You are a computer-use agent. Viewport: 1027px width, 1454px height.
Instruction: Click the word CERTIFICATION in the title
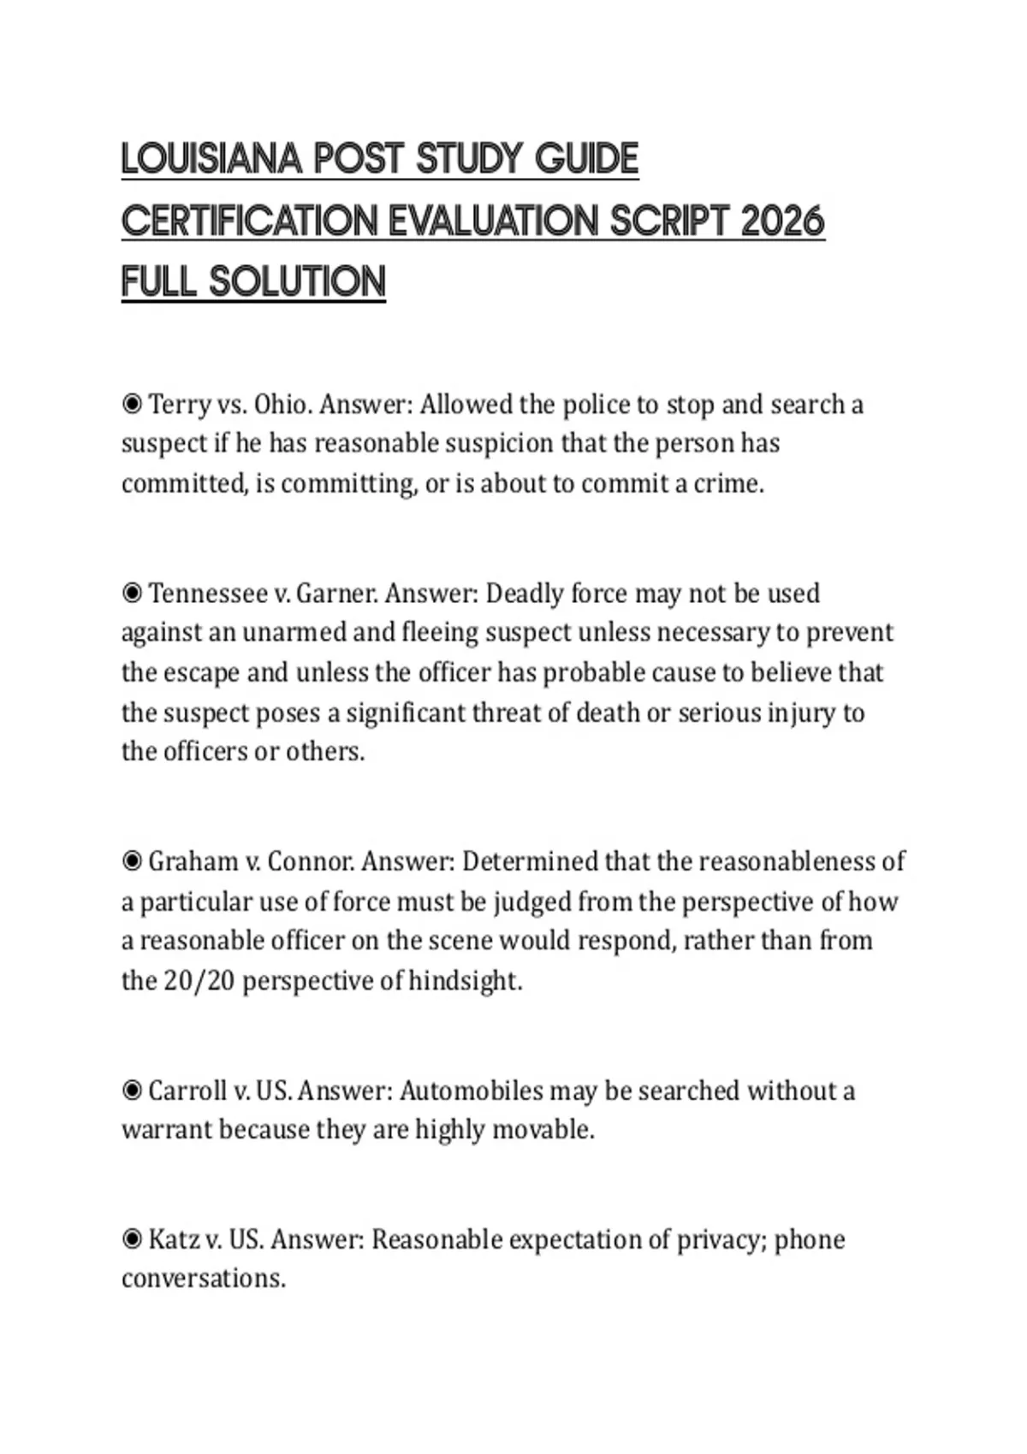[248, 222]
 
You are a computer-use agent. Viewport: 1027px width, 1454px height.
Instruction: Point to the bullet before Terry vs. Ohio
[132, 404]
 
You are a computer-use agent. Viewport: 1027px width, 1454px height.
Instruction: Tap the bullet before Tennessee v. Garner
[132, 593]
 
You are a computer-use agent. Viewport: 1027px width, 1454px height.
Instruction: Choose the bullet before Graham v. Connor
[132, 861]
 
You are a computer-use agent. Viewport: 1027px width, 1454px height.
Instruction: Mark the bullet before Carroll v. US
[132, 1090]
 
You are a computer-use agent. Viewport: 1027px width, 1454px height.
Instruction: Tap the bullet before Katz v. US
[132, 1239]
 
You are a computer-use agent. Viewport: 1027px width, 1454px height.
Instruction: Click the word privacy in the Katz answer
[721, 1239]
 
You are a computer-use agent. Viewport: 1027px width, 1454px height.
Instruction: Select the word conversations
[203, 1279]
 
